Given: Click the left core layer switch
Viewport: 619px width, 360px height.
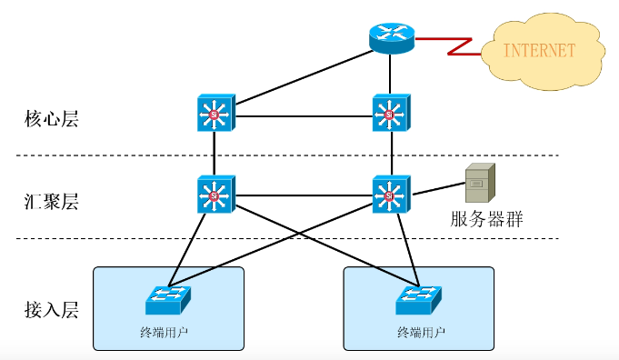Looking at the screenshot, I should coord(215,115).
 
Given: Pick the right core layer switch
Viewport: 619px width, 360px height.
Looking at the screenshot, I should coord(392,115).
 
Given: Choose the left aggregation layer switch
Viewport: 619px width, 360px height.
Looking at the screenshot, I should coord(215,195).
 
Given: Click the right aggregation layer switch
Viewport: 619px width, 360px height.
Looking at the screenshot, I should coord(392,195).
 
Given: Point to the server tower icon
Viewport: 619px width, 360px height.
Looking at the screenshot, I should coord(479,183).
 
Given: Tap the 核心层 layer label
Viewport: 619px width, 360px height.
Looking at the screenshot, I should coord(52,118).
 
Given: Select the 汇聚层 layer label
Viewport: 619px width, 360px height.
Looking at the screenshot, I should coord(52,202).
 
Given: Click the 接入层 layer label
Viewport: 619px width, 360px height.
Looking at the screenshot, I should coord(52,309).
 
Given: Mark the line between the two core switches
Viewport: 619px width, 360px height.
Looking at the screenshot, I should coord(304,115).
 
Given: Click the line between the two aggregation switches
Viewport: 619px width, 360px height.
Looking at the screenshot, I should coord(304,195).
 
